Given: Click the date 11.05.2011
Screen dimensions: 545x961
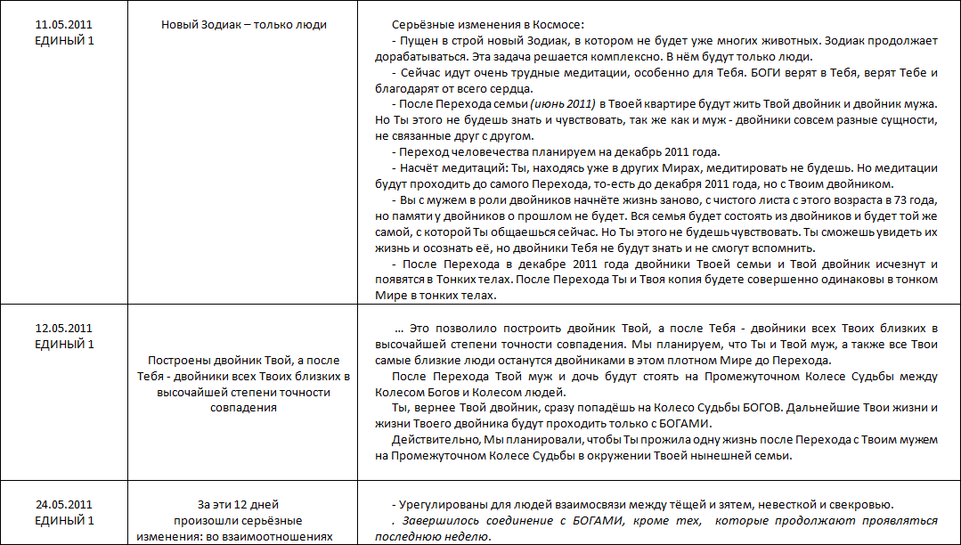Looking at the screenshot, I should click(x=63, y=25).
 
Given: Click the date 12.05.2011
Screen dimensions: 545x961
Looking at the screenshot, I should click(x=63, y=329).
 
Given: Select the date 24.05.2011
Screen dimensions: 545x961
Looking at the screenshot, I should click(x=63, y=505).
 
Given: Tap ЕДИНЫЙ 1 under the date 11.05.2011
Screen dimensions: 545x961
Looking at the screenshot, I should click(x=63, y=40).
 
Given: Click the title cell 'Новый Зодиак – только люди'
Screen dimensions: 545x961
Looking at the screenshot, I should click(x=243, y=25).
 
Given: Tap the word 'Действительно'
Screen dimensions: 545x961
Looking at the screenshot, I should click(x=434, y=440).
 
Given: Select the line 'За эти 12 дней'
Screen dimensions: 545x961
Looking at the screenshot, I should click(x=243, y=505).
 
